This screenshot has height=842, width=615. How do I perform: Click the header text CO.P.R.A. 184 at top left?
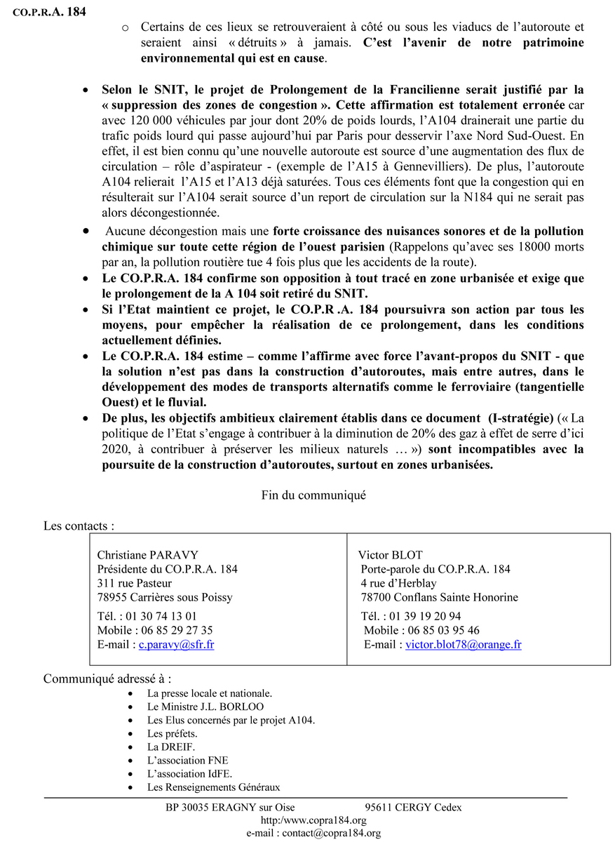(x=50, y=12)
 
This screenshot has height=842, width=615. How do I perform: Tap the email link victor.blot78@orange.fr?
(x=463, y=644)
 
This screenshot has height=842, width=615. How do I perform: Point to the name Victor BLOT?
(x=391, y=555)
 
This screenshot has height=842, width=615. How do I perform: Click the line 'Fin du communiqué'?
(x=313, y=495)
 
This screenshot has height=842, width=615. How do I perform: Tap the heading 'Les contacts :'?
(x=79, y=526)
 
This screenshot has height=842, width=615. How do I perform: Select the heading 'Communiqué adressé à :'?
(x=107, y=679)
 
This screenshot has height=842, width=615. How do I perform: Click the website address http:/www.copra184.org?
(x=313, y=820)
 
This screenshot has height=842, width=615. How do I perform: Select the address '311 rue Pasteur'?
(x=134, y=583)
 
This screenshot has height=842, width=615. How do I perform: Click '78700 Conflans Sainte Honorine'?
(x=440, y=597)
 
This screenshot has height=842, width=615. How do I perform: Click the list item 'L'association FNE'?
(x=187, y=761)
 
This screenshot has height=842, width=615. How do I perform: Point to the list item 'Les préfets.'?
(x=172, y=734)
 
